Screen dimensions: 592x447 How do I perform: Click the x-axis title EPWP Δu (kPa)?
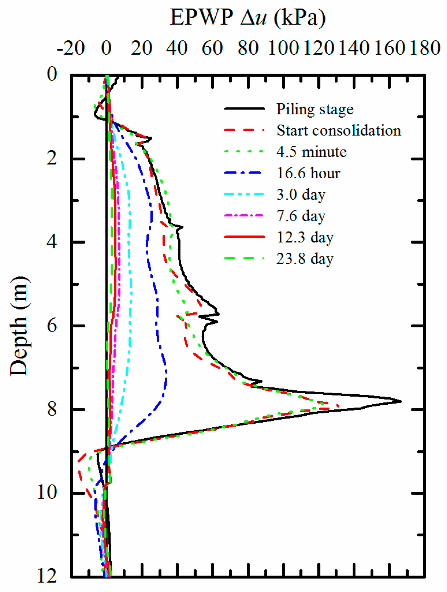tap(248, 17)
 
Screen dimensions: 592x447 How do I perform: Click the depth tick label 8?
tap(52, 410)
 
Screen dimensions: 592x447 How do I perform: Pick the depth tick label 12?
tap(47, 576)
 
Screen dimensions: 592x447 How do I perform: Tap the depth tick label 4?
tap(52, 242)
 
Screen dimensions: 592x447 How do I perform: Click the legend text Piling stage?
tap(315, 109)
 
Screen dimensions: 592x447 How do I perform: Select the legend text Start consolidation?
tap(339, 131)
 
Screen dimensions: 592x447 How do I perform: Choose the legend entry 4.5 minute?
tap(311, 152)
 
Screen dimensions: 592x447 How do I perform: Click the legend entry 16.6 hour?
tap(308, 173)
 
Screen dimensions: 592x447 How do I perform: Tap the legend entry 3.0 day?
tap(301, 195)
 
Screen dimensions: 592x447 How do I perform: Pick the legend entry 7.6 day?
tap(301, 216)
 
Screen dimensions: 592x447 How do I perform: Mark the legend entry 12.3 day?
tap(305, 237)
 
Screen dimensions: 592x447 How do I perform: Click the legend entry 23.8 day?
tap(305, 259)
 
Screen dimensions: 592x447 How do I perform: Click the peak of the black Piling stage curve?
tap(401, 401)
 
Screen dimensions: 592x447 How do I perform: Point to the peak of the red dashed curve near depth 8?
tap(338, 406)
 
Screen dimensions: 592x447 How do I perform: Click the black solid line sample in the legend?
tap(244, 109)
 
